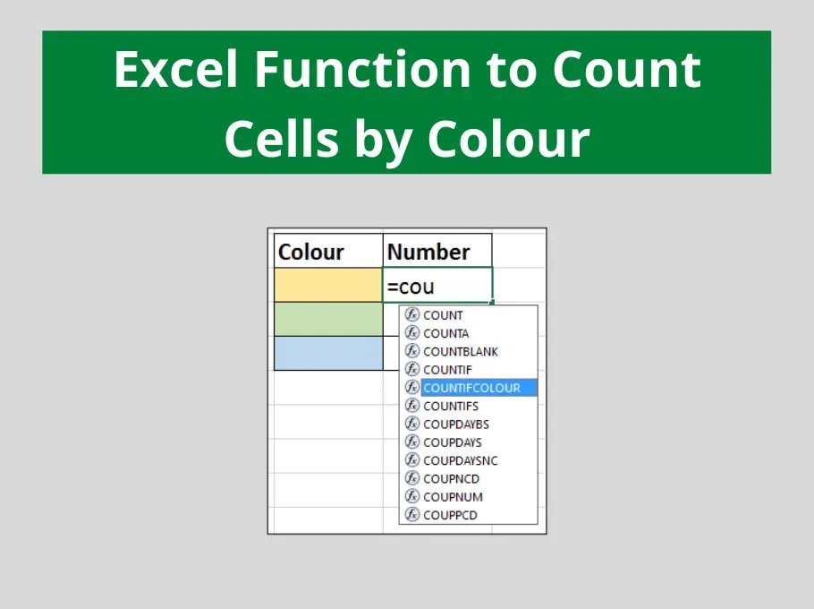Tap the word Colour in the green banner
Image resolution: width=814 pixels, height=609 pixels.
508,139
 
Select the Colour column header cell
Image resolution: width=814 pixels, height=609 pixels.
327,252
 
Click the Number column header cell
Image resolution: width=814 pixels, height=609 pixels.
437,252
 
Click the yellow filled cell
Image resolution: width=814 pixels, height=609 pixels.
327,286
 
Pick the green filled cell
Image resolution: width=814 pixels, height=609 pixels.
327,319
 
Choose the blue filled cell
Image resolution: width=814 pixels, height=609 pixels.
327,353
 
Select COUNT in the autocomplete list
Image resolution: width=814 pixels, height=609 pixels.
443,315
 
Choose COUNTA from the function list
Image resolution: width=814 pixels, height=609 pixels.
445,333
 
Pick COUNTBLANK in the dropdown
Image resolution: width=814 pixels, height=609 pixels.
460,352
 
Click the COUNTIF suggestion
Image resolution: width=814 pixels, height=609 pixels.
447,370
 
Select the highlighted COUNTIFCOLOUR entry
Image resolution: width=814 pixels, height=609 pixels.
471,388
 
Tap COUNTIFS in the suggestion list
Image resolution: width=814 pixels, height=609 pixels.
450,406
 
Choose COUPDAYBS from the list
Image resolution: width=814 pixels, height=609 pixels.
455,425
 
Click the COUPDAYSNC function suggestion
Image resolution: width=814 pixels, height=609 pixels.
460,460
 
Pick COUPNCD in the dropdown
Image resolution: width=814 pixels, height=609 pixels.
451,479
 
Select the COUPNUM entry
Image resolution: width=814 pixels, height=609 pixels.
453,497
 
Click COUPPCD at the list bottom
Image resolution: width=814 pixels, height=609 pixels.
450,515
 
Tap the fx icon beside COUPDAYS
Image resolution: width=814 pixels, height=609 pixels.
412,442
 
